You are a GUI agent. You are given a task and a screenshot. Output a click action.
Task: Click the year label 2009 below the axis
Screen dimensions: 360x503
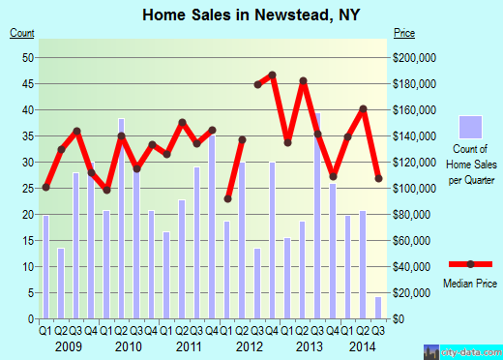coord(67,345)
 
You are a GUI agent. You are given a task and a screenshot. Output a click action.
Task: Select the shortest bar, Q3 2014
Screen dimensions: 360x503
coord(378,307)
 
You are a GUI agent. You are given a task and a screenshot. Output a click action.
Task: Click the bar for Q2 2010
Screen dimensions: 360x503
coord(121,218)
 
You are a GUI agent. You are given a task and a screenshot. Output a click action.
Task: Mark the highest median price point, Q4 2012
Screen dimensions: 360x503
coord(273,75)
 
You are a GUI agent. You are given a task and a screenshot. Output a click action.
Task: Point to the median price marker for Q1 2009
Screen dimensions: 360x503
coord(45,187)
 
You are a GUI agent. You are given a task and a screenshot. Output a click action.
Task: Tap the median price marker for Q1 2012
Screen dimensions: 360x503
coord(227,198)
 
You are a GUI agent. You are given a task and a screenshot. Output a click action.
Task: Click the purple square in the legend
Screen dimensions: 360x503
coord(470,127)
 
